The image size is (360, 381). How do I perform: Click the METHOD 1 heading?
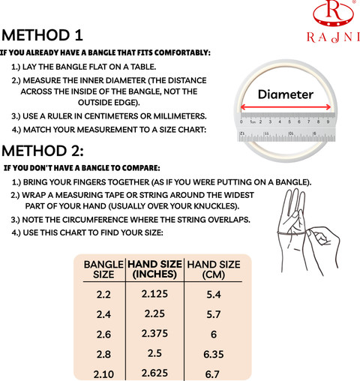(42, 35)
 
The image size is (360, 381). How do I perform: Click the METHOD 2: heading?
(43, 151)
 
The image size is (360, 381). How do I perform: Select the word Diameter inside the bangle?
(286, 94)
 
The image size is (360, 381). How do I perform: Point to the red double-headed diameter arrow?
(286, 107)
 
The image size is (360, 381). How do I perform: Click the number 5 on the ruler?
(289, 121)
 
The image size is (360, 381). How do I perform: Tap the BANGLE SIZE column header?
(103, 269)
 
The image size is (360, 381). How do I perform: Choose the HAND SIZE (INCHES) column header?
(154, 269)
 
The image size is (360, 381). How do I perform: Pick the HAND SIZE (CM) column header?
(214, 269)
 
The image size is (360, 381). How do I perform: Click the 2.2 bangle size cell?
(103, 295)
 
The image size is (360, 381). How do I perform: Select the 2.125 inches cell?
(154, 294)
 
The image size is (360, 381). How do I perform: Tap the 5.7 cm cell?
(214, 314)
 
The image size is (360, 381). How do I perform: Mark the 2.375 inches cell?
(154, 334)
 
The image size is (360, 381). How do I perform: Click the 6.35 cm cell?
(214, 354)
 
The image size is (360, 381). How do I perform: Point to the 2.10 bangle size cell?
(103, 374)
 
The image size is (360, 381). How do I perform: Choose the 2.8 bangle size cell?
(103, 354)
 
